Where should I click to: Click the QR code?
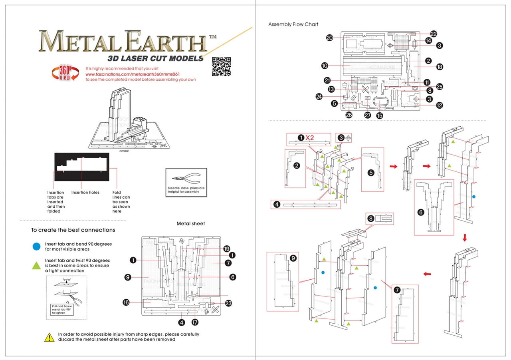pos(221,66)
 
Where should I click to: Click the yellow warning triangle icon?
pos(49,337)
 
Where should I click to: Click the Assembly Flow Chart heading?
pos(293,24)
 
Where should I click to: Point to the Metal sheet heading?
pos(191,224)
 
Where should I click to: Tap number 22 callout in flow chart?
pos(434,34)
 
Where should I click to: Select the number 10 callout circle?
pos(324,65)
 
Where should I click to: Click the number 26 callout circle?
pos(349,115)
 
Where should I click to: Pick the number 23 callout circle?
pos(229,303)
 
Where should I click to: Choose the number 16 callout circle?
pos(126,302)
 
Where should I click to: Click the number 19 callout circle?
pos(227,248)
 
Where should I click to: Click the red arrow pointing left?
pos(427,274)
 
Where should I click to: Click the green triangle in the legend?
pos(36,265)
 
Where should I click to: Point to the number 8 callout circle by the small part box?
pos(371,219)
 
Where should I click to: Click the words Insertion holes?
pos(85,193)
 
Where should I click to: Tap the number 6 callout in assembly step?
pos(421,212)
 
